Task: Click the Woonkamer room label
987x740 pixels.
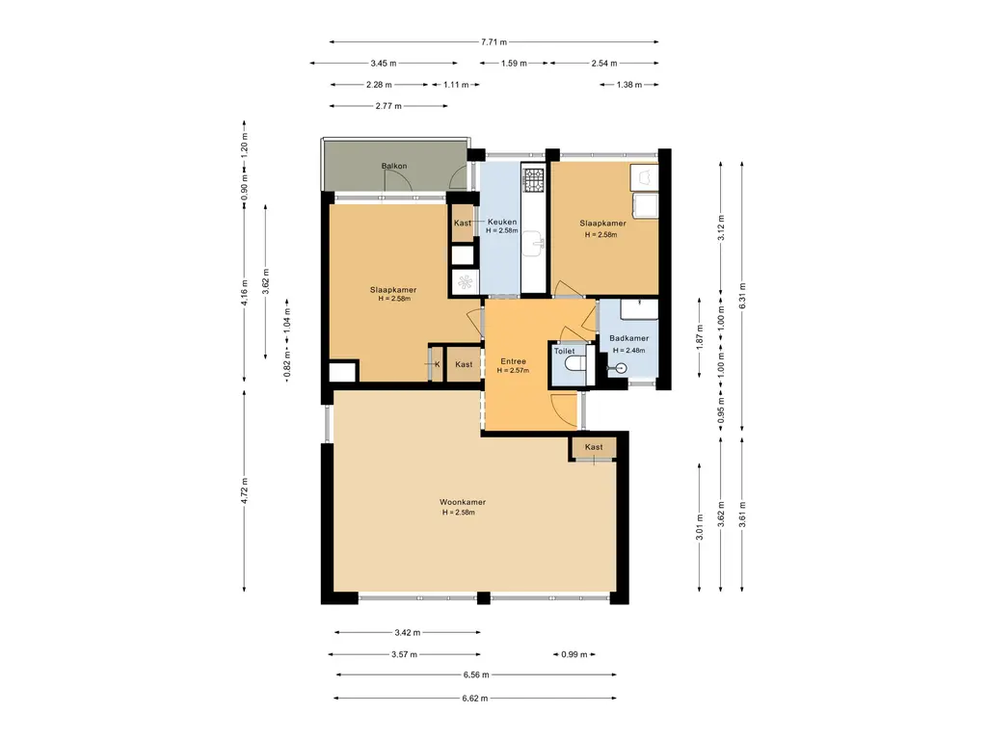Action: click(x=463, y=502)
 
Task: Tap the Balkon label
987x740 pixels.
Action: click(x=394, y=166)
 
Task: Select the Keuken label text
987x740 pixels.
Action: click(x=502, y=222)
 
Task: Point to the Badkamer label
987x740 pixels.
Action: click(x=628, y=338)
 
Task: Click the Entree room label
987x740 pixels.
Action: click(x=513, y=361)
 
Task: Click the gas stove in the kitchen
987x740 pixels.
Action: click(x=534, y=179)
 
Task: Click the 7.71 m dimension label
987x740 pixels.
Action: click(x=494, y=42)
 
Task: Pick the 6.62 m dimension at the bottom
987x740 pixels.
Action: click(x=474, y=698)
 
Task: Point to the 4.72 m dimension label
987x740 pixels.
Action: click(x=244, y=490)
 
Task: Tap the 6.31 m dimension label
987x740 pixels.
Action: click(x=743, y=296)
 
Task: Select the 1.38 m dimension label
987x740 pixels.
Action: click(x=628, y=85)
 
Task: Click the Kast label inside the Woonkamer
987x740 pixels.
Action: click(x=594, y=447)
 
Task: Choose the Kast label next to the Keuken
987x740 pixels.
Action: click(x=463, y=223)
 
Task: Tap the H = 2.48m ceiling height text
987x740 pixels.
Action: click(x=629, y=351)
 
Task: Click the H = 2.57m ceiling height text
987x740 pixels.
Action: click(x=513, y=371)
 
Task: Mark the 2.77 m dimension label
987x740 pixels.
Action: click(x=388, y=106)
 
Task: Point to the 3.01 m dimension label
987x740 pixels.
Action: click(x=700, y=527)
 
